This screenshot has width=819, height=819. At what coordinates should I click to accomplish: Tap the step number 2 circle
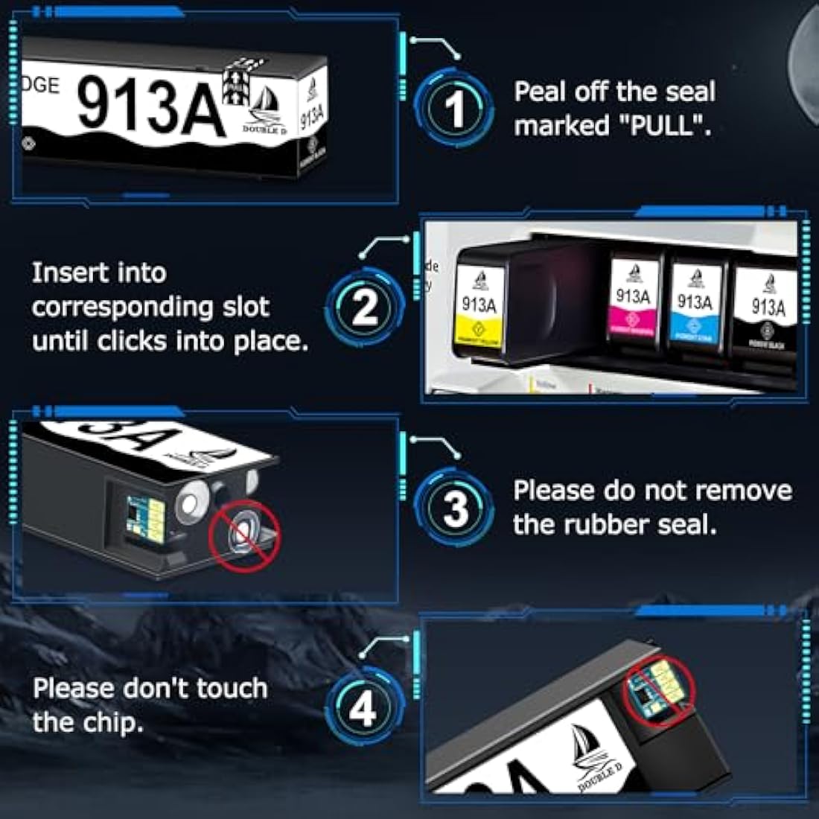click(364, 306)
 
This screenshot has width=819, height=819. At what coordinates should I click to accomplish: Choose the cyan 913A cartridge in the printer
click(694, 305)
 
